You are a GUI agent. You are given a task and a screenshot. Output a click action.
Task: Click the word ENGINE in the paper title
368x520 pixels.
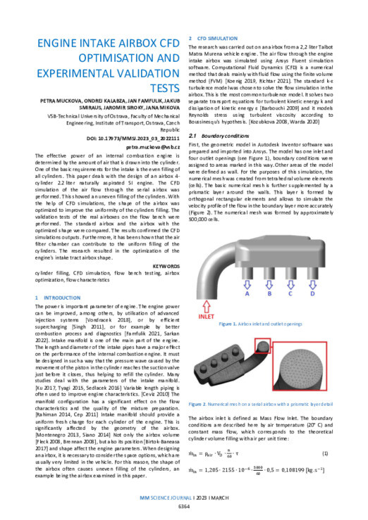tap(59, 44)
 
